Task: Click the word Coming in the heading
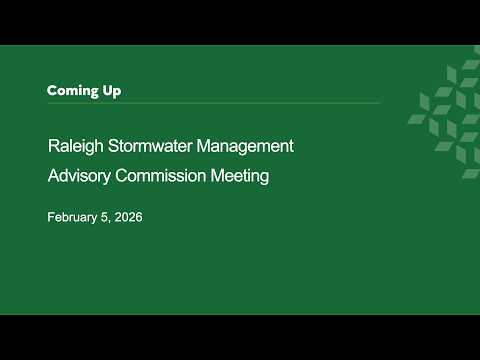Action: click(73, 91)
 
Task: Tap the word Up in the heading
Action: click(112, 91)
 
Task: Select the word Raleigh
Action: click(76, 146)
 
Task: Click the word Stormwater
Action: click(150, 146)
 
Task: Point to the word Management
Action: click(245, 146)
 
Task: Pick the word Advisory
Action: click(79, 176)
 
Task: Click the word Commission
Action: click(161, 176)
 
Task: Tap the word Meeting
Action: click(240, 176)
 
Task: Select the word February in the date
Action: click(72, 217)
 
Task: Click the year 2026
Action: click(129, 217)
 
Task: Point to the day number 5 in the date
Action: click(105, 217)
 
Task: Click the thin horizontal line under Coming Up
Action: click(214, 103)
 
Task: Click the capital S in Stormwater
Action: click(113, 146)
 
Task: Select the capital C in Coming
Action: click(52, 91)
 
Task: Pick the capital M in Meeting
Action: click(217, 176)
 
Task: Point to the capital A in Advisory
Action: click(54, 176)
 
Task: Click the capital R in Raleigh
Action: click(54, 146)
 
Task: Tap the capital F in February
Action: click(51, 217)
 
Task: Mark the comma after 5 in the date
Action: click(109, 222)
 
